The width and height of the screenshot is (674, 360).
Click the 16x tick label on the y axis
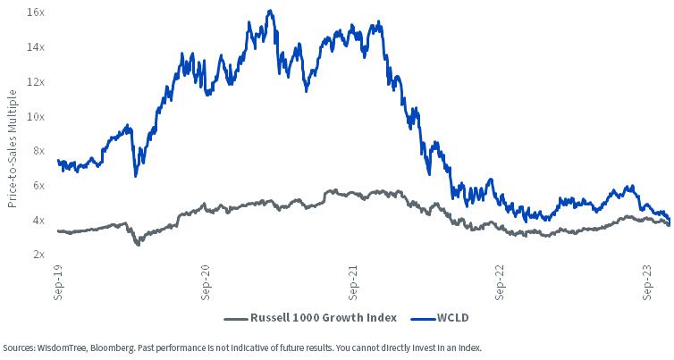(x=36, y=13)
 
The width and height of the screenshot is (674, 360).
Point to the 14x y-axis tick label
(x=36, y=47)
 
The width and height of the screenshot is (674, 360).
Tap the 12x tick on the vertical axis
(x=36, y=82)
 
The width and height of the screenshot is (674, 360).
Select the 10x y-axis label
(x=36, y=117)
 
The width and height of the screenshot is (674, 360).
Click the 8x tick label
(x=38, y=151)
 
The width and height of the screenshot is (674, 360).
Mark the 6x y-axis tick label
(x=38, y=186)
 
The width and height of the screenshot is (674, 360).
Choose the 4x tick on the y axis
(x=38, y=221)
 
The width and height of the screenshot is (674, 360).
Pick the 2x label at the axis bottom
(x=38, y=255)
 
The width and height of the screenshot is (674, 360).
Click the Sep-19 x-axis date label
(x=58, y=282)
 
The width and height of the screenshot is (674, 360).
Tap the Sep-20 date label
(x=206, y=282)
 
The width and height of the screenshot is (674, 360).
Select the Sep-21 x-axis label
(x=353, y=282)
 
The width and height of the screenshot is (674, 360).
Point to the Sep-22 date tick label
(x=500, y=282)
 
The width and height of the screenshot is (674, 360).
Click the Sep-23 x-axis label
(x=647, y=282)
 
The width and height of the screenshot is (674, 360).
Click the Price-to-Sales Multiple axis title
(x=12, y=148)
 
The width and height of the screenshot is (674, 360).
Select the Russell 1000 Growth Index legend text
(x=324, y=318)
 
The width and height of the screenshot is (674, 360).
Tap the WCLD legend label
(x=452, y=318)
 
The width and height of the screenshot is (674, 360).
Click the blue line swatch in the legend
(x=423, y=319)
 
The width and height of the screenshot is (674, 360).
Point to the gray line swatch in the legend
(x=236, y=319)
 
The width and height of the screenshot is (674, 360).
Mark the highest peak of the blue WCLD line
(x=270, y=11)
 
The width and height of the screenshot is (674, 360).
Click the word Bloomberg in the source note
(x=111, y=348)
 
